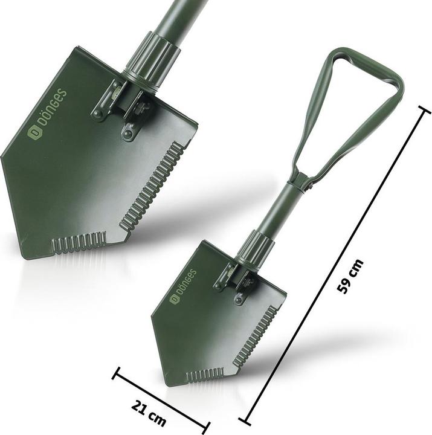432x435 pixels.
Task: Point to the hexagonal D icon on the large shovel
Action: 33,134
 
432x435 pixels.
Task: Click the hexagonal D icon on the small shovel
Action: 174,300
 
